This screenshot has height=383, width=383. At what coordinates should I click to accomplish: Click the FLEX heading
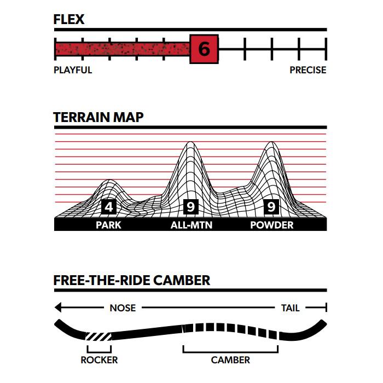pyautogui.click(x=69, y=19)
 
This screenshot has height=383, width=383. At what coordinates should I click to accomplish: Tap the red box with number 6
pyautogui.click(x=204, y=49)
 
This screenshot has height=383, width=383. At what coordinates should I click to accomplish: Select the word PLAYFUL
pyautogui.click(x=73, y=70)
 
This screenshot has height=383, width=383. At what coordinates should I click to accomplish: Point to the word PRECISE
pyautogui.click(x=307, y=70)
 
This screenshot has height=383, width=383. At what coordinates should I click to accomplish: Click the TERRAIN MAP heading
pyautogui.click(x=98, y=117)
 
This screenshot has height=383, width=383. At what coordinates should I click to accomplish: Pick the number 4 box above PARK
pyautogui.click(x=109, y=207)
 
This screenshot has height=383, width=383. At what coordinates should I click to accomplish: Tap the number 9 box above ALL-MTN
pyautogui.click(x=190, y=207)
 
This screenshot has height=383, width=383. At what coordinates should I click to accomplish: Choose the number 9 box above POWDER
pyautogui.click(x=271, y=207)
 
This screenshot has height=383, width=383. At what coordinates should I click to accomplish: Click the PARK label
pyautogui.click(x=108, y=225)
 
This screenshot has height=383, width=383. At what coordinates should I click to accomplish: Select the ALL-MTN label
pyautogui.click(x=191, y=225)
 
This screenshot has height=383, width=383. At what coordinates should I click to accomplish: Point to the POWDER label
pyautogui.click(x=272, y=225)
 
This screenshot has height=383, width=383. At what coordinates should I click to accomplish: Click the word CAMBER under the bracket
pyautogui.click(x=230, y=360)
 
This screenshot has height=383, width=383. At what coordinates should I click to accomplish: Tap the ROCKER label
pyautogui.click(x=99, y=360)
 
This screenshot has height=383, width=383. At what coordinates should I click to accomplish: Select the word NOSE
pyautogui.click(x=123, y=308)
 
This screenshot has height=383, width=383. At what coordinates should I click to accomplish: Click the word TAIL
pyautogui.click(x=290, y=308)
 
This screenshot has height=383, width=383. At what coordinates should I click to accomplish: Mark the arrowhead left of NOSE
pyautogui.click(x=58, y=307)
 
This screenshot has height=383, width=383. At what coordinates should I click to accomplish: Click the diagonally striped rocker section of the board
pyautogui.click(x=98, y=336)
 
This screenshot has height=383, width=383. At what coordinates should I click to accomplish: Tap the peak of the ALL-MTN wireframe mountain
pyautogui.click(x=190, y=142)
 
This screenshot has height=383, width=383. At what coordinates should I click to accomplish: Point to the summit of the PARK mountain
pyautogui.click(x=109, y=180)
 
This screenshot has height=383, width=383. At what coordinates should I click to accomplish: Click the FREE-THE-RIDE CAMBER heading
pyautogui.click(x=132, y=280)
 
